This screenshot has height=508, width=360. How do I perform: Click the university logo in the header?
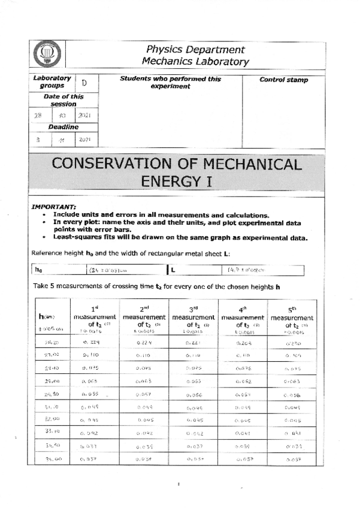(46, 56)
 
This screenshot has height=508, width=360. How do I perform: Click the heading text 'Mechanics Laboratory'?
(195, 61)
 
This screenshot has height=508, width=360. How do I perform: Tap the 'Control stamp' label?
(283, 80)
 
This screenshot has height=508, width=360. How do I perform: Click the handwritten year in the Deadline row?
(84, 140)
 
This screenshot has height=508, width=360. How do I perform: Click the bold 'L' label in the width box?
(173, 270)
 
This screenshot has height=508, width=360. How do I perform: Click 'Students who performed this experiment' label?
(170, 83)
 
